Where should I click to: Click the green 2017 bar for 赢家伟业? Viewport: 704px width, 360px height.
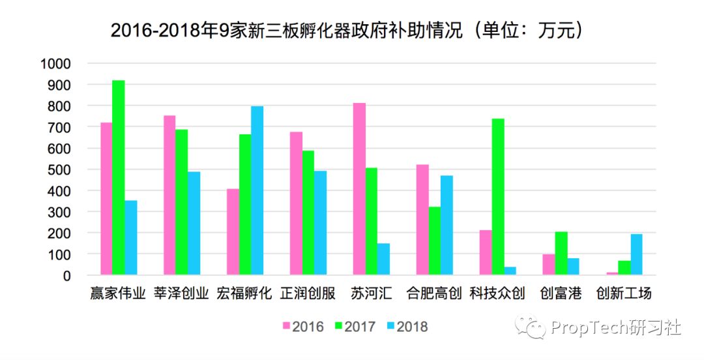118,177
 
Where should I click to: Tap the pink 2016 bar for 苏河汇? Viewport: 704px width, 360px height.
359,188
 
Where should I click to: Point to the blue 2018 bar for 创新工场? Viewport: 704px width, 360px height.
637,254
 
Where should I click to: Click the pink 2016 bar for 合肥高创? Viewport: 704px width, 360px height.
422,220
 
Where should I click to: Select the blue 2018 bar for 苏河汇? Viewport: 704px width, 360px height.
383,259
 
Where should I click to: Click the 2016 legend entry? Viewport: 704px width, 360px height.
304,326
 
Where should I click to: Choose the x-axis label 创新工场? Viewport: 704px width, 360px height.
624,293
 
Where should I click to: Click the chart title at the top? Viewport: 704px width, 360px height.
346,30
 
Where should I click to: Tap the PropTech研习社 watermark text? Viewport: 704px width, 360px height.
615,327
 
